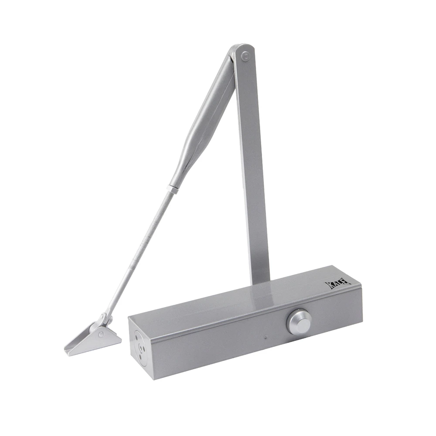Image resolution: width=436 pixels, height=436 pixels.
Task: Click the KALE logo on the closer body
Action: [338, 284]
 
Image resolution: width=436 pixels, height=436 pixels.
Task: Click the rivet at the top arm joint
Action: [245, 56]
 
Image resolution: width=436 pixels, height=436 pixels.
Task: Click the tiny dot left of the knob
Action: [266, 338]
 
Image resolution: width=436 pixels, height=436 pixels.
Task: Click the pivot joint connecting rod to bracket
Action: [106, 319]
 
